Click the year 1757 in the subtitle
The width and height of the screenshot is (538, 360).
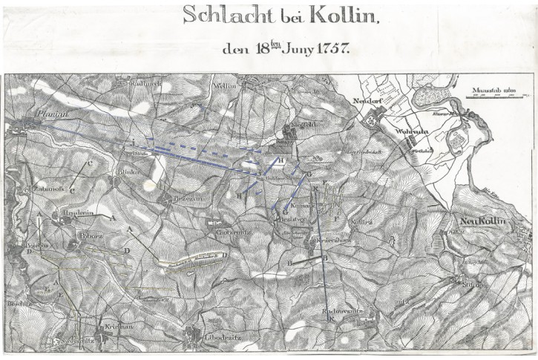tap(330, 50)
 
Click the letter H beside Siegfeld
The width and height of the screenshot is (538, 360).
tap(281, 160)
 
